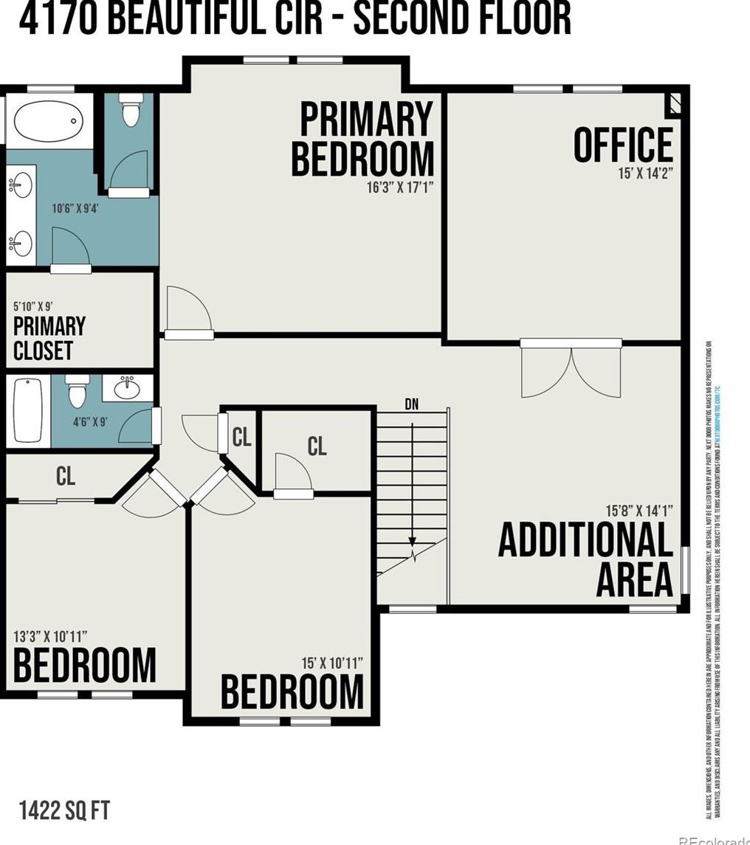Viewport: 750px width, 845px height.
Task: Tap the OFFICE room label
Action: coord(624,145)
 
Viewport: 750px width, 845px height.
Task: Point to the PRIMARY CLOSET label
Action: coord(49,338)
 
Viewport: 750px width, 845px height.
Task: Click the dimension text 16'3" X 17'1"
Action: coord(399,187)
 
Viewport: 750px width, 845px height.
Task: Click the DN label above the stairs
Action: coord(413,404)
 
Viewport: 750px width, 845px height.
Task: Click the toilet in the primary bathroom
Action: coord(130,112)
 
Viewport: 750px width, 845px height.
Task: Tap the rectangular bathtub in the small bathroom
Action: coord(27,412)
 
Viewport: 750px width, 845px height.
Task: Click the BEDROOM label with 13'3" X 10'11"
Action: coord(85,665)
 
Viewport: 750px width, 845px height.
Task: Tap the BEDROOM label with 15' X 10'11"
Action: coord(292,691)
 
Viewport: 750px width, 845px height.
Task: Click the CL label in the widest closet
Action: coord(66,477)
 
